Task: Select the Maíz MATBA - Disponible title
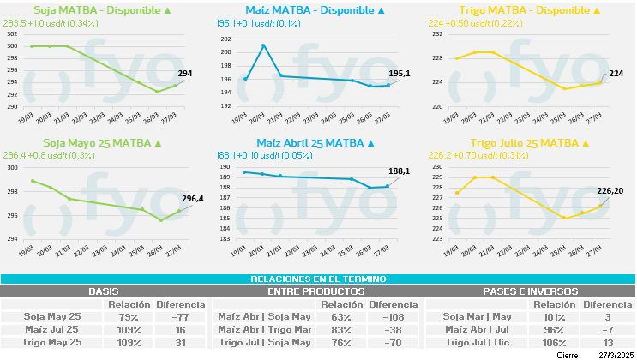315,10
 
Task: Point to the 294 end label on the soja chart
185,75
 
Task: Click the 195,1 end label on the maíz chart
400,74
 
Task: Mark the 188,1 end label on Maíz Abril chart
400,171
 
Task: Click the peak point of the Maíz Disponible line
263,45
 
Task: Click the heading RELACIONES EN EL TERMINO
318,279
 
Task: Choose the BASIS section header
104,291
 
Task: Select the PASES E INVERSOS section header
531,291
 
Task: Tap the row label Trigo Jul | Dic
477,342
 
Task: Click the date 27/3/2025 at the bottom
616,355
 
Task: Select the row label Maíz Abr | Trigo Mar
264,329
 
